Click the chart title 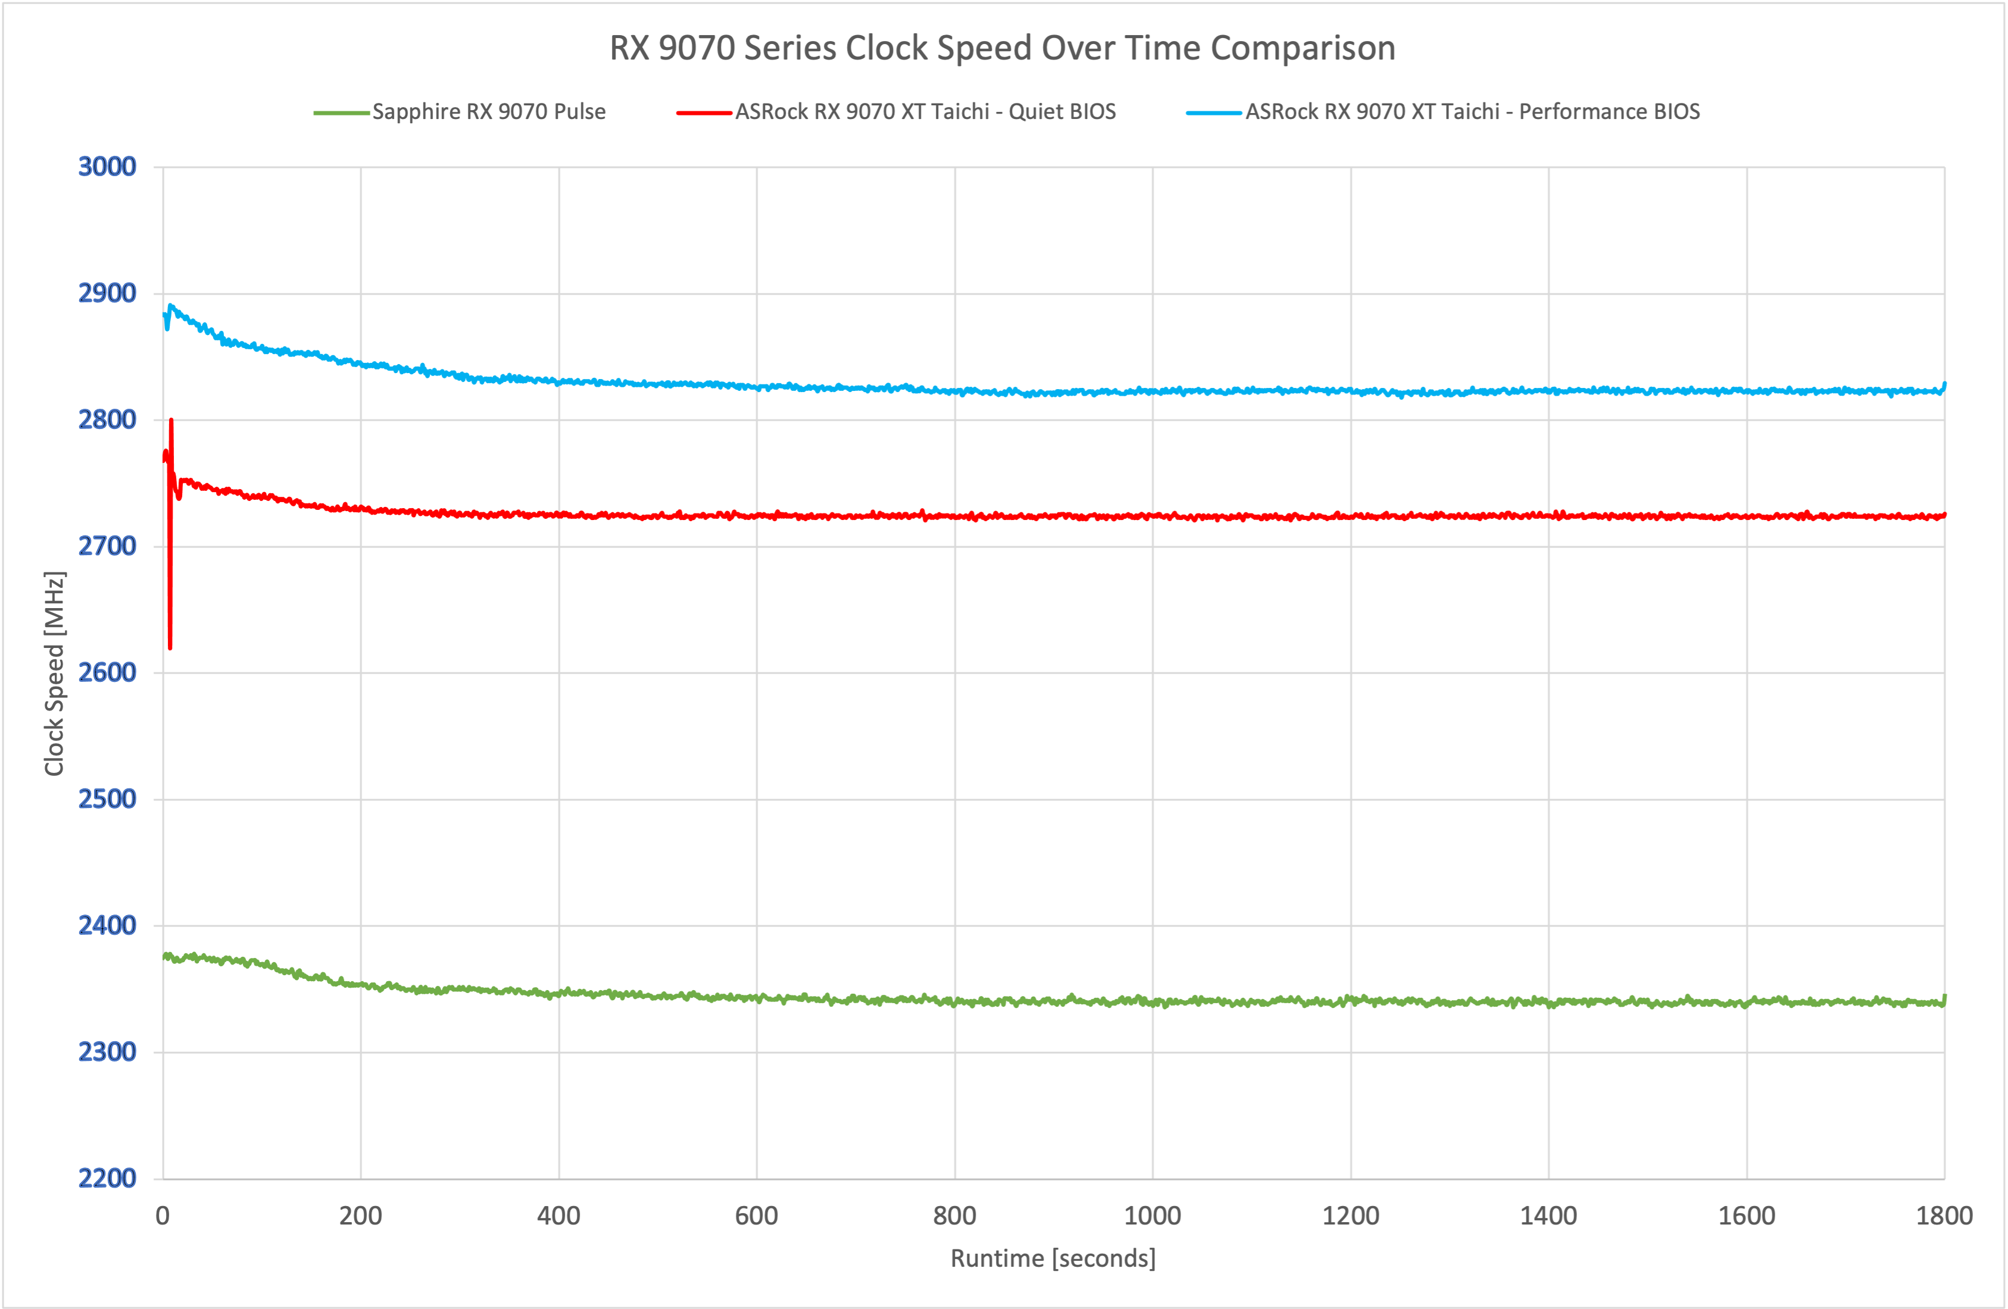[x=1003, y=48]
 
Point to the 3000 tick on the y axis [x=107, y=167]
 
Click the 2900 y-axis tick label [x=107, y=293]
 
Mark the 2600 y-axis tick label [x=107, y=672]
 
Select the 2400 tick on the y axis [x=107, y=925]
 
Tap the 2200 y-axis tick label [x=107, y=1178]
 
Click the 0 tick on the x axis [x=163, y=1216]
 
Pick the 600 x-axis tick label [x=756, y=1216]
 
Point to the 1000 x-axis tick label [x=1153, y=1216]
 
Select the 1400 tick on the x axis [x=1548, y=1216]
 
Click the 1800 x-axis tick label [x=1944, y=1216]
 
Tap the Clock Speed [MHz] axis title [x=54, y=673]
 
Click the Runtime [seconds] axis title [x=1053, y=1258]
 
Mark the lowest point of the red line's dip [x=170, y=648]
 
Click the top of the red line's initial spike [x=171, y=420]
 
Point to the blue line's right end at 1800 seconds [x=1944, y=386]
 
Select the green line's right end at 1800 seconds [x=1944, y=998]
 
